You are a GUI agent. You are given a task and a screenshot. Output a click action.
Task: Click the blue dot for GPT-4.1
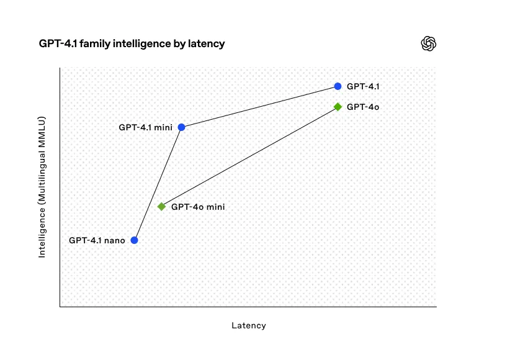pos(337,86)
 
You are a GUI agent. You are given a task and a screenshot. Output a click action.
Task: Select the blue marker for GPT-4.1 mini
pos(182,127)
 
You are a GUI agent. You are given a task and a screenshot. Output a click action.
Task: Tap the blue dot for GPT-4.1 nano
pos(134,240)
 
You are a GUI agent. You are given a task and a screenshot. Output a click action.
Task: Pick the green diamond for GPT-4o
pos(337,107)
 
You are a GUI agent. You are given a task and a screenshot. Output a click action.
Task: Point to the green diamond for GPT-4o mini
pos(162,207)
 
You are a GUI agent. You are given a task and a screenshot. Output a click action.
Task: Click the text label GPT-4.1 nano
pos(97,240)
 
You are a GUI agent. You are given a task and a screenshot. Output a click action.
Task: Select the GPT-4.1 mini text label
pos(146,127)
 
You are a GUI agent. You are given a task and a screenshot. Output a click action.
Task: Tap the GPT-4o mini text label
pos(198,207)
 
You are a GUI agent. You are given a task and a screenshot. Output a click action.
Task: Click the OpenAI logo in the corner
pos(428,43)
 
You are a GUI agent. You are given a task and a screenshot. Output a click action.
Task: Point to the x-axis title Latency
pos(249,325)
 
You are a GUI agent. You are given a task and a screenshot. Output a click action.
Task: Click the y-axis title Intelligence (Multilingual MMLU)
pos(42,187)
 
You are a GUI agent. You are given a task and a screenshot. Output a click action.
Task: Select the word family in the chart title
pos(95,43)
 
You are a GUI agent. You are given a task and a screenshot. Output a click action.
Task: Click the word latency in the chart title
pos(207,43)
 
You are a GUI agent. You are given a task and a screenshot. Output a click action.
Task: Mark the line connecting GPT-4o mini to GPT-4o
pos(249,156)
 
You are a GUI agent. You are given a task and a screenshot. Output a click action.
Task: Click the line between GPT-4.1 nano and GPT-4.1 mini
pos(158,184)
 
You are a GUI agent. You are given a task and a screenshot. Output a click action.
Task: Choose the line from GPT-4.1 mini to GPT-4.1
pos(259,107)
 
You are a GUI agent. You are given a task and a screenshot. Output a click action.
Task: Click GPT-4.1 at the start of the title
pos(58,43)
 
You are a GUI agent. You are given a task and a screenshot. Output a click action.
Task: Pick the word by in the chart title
pos(179,44)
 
